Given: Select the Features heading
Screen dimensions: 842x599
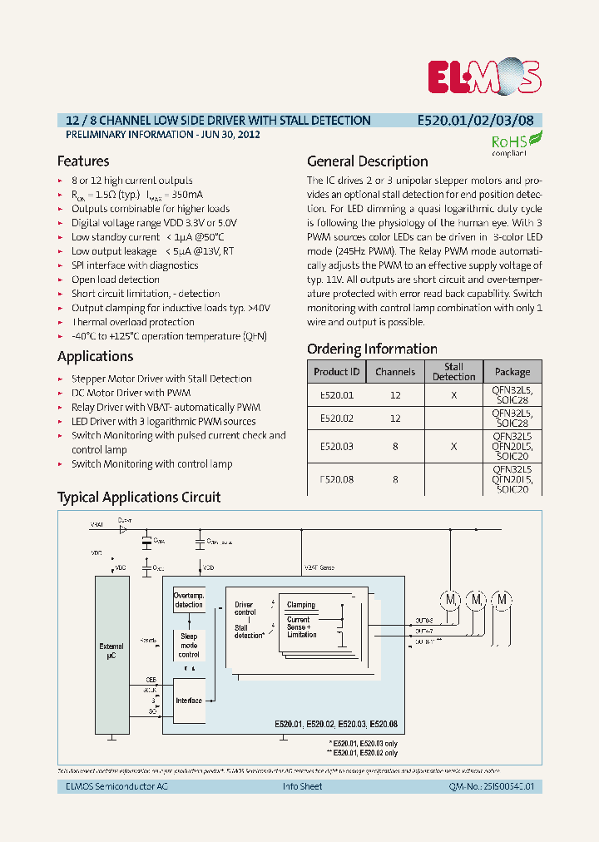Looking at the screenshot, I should click(83, 161).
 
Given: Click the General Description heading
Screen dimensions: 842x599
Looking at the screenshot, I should click(368, 161).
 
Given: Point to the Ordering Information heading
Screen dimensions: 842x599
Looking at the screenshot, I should click(372, 349).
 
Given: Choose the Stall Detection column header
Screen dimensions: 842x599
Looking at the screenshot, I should click(453, 372).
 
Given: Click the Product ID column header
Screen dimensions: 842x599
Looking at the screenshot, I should click(337, 372).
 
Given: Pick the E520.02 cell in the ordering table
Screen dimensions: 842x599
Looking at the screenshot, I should click(337, 419).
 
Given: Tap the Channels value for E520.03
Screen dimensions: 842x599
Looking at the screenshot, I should click(395, 447).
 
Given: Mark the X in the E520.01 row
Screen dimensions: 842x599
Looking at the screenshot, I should click(453, 396).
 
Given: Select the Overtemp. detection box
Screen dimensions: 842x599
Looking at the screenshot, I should click(189, 600).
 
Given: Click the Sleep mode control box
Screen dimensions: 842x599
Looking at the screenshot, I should click(189, 646).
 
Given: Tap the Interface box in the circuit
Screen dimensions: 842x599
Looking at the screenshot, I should click(189, 700).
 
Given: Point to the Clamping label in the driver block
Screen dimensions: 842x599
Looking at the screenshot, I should click(301, 605).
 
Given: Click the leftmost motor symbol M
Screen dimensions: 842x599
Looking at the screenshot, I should click(449, 600).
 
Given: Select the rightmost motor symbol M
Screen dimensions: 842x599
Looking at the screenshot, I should click(502, 600).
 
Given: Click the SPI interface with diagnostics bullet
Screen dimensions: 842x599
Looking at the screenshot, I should click(135, 265).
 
